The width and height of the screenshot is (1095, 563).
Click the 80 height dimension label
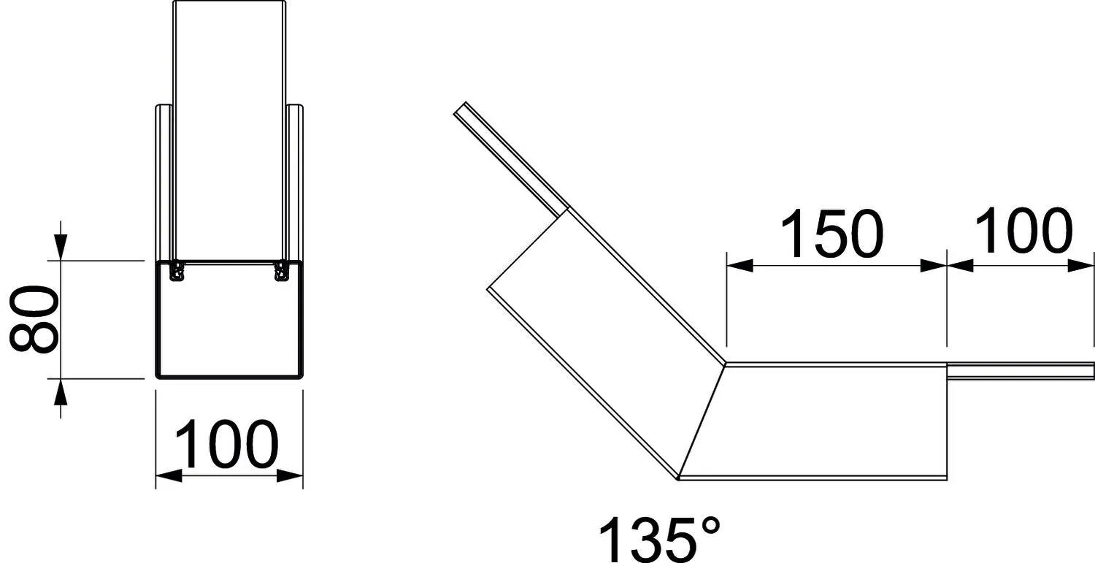point(34,319)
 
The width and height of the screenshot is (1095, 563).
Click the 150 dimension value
point(832,234)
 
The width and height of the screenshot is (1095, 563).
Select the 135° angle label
point(659,540)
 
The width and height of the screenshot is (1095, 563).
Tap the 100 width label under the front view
point(226,444)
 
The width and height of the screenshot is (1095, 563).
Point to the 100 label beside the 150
point(1023,230)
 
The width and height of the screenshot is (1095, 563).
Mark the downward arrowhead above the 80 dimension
point(61,247)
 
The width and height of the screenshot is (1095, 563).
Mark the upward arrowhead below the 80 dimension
point(61,392)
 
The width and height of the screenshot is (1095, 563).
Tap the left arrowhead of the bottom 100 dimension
point(169,475)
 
